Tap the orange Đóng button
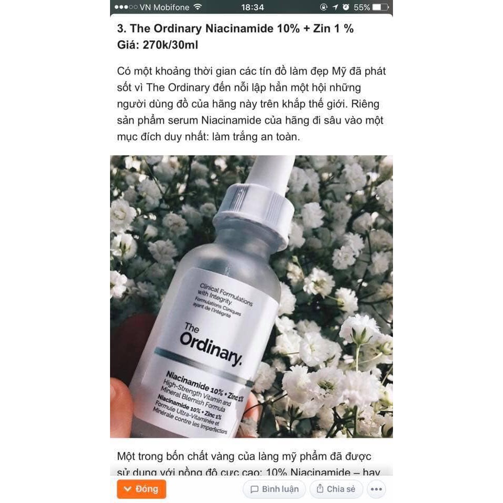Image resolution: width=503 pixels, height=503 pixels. click(141, 489)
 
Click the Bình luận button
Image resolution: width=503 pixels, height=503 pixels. click(274, 489)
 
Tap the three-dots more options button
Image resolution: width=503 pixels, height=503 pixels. click(376, 489)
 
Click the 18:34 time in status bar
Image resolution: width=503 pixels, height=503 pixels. click(253, 7)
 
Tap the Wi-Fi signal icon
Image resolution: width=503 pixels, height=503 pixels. click(198, 7)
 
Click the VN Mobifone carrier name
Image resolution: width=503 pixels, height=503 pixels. click(163, 7)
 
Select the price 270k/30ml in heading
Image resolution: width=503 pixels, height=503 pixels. click(170, 45)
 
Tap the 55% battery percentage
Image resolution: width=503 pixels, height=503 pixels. click(362, 7)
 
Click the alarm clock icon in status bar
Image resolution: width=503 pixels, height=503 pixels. click(345, 7)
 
